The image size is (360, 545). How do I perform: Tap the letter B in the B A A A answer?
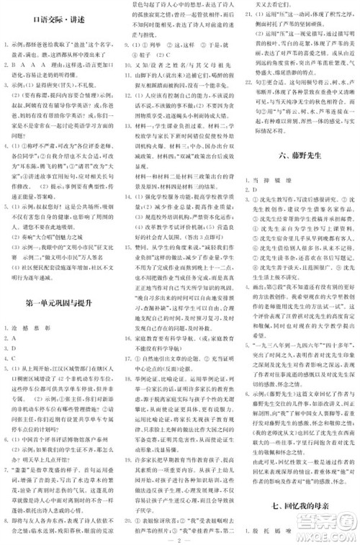pyautogui.click(x=12, y=64)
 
